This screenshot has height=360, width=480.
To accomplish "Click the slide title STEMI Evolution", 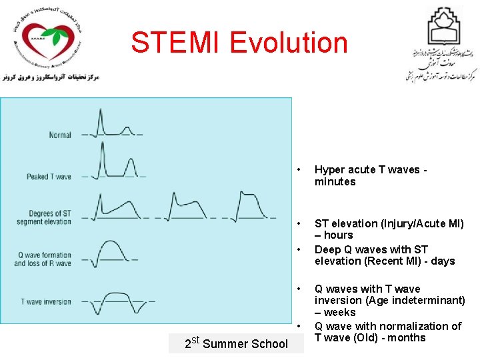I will click(x=239, y=43).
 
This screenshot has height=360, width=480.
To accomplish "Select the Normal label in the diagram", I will click(x=60, y=135).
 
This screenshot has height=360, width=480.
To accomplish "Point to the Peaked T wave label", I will click(x=49, y=177).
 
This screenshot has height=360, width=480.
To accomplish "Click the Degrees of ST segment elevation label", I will click(x=44, y=217).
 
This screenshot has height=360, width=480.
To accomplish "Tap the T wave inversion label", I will click(x=46, y=302).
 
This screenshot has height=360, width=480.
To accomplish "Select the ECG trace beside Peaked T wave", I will click(x=113, y=164).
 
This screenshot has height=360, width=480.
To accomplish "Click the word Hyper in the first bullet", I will click(x=329, y=170).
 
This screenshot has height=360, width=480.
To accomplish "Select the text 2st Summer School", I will click(x=236, y=343).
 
